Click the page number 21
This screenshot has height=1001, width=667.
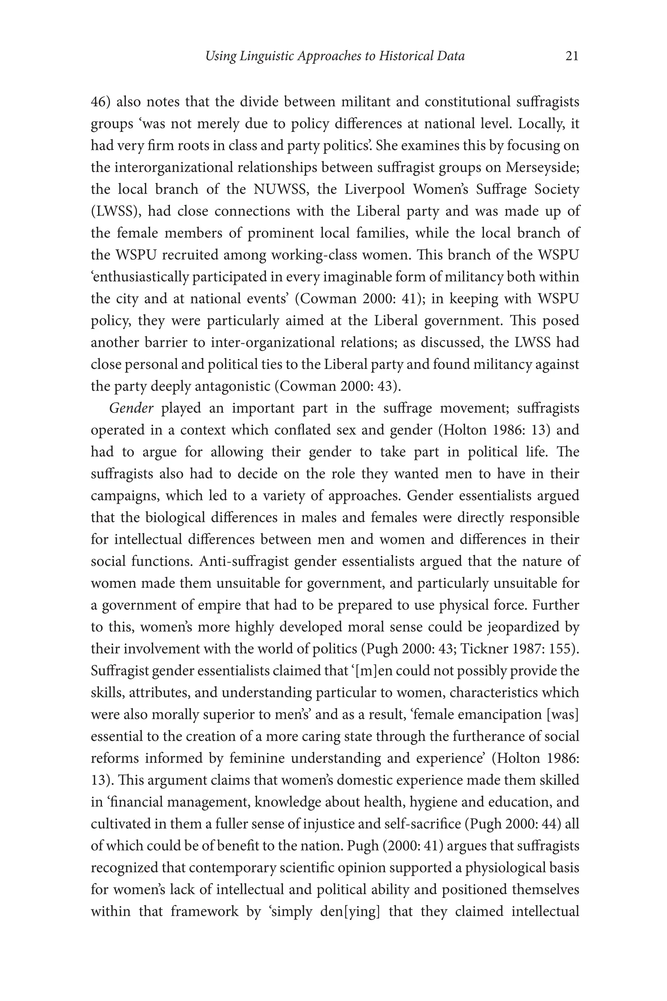coord(572,56)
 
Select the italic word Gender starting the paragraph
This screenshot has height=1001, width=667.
coord(131,408)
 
